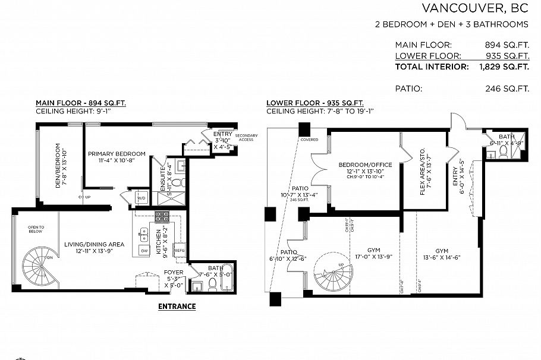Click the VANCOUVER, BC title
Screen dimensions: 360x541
click(x=475, y=8)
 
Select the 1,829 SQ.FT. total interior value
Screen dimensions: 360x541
click(x=504, y=67)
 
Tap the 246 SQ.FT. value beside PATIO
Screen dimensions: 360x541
click(x=507, y=89)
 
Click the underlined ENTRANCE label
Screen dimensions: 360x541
click(x=177, y=307)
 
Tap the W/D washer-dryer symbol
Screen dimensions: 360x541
click(x=141, y=197)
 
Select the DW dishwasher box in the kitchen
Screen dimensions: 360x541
click(x=143, y=251)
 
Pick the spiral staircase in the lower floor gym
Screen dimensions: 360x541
click(x=333, y=273)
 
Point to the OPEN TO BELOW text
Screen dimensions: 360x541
click(x=35, y=229)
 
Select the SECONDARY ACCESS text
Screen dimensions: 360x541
click(x=247, y=138)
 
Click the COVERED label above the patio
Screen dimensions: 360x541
click(x=309, y=140)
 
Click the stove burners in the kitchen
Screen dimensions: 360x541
click(x=162, y=217)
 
